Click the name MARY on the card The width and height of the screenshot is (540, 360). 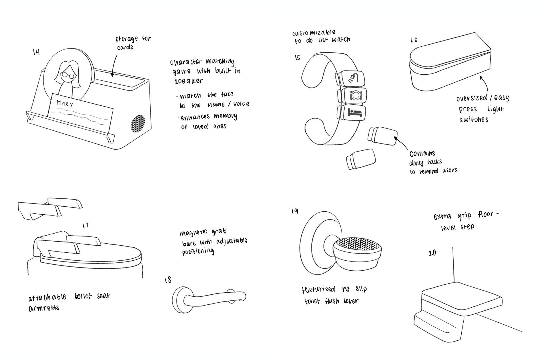(65, 104)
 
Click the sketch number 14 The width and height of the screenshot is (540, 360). (36, 52)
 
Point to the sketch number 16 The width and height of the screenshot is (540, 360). (414, 40)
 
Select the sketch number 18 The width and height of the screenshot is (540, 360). (168, 280)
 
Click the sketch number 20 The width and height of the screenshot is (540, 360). (432, 253)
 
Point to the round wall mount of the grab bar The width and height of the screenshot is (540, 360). (181, 300)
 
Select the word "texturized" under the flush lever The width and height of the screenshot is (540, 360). (318, 289)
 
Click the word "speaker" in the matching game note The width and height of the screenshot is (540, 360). (189, 81)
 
